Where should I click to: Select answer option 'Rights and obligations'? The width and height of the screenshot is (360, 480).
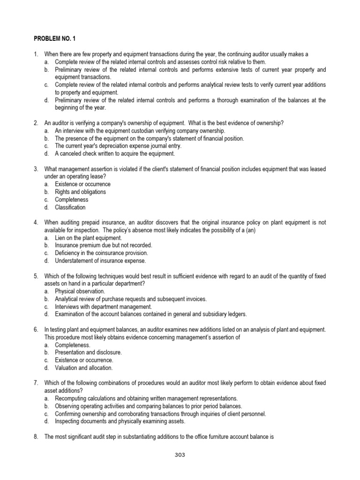pyautogui.click(x=80, y=192)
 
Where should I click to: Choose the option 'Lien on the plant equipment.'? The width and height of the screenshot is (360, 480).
pyautogui.click(x=88, y=238)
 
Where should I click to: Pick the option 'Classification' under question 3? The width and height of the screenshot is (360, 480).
pyautogui.click(x=70, y=207)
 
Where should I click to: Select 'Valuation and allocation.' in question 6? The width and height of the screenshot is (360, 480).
pyautogui.click(x=81, y=368)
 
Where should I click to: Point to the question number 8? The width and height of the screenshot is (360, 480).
pyautogui.click(x=36, y=437)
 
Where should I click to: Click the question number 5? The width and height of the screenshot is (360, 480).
pyautogui.click(x=36, y=276)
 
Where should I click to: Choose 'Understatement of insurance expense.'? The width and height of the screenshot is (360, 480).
pyautogui.click(x=100, y=261)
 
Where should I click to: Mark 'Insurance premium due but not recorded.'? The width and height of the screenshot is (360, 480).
pyautogui.click(x=103, y=245)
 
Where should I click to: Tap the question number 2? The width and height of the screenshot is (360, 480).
pyautogui.click(x=36, y=123)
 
